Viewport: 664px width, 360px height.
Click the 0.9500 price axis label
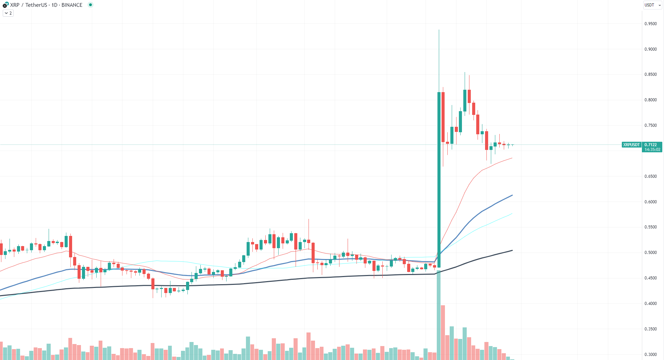pyautogui.click(x=650, y=24)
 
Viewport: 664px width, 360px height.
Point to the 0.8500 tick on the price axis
pyautogui.click(x=650, y=74)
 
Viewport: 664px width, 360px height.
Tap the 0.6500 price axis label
pyautogui.click(x=650, y=176)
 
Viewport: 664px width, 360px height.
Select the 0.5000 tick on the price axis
pyautogui.click(x=650, y=253)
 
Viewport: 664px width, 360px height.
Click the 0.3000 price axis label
pyautogui.click(x=650, y=355)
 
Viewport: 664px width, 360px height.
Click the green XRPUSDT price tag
pyautogui.click(x=631, y=145)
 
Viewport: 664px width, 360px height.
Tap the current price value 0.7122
pyautogui.click(x=651, y=145)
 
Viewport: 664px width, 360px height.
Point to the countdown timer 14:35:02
pyautogui.click(x=652, y=150)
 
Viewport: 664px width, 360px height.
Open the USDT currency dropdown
pyautogui.click(x=652, y=5)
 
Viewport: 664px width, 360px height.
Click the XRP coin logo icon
pyautogui.click(x=5, y=5)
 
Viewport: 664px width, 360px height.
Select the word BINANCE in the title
pyautogui.click(x=72, y=5)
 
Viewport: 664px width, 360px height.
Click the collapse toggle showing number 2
pyautogui.click(x=8, y=13)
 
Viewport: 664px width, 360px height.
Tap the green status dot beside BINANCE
pyautogui.click(x=90, y=5)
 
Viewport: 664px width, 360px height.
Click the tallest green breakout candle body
pyautogui.click(x=439, y=180)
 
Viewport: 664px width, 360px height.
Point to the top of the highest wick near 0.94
pyautogui.click(x=439, y=30)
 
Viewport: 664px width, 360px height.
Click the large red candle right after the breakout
pyautogui.click(x=443, y=117)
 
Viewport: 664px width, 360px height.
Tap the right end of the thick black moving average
pyautogui.click(x=512, y=251)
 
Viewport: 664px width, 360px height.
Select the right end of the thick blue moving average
pyautogui.click(x=512, y=195)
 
